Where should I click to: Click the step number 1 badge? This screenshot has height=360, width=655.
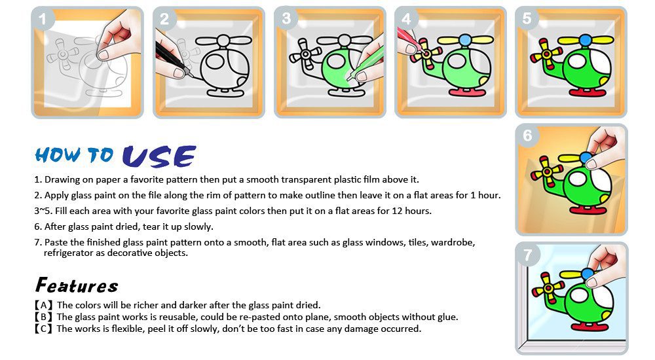pyautogui.click(x=42, y=18)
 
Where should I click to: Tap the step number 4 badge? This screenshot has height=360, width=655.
pyautogui.click(x=406, y=18)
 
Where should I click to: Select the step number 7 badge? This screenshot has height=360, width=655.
pyautogui.click(x=527, y=254)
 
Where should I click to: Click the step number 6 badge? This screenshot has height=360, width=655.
pyautogui.click(x=527, y=135)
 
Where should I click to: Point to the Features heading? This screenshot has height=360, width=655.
pyautogui.click(x=77, y=285)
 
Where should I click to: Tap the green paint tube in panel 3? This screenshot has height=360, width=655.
pyautogui.click(x=363, y=63)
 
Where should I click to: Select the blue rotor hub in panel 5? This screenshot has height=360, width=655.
pyautogui.click(x=586, y=41)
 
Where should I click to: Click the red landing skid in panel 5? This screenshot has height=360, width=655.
pyautogui.click(x=588, y=92)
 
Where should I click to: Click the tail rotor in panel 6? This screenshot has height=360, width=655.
pyautogui.click(x=546, y=171)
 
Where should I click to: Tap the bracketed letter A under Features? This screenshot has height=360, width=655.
pyautogui.click(x=43, y=305)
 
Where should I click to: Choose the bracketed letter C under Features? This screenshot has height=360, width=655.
pyautogui.click(x=43, y=329)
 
